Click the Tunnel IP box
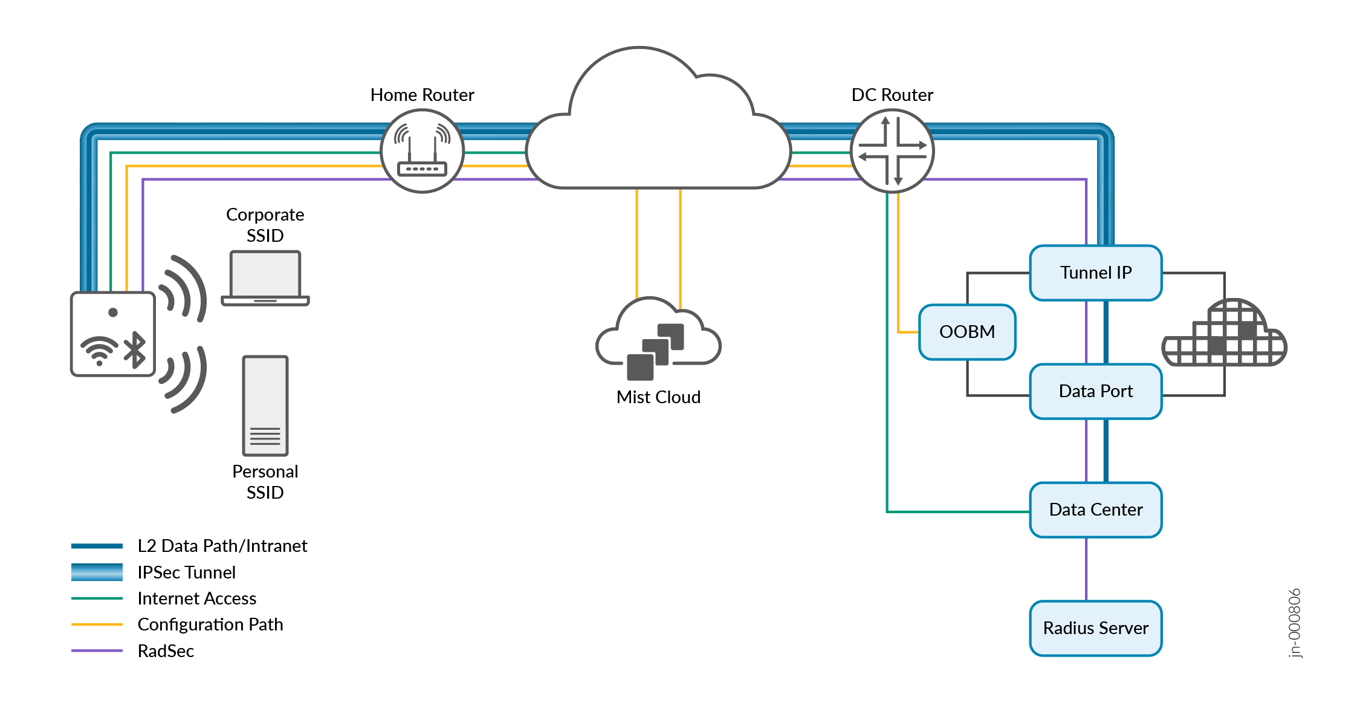tap(1095, 273)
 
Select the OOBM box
tap(967, 332)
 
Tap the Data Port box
tap(1095, 391)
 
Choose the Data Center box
tap(1095, 510)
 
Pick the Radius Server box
tap(1095, 628)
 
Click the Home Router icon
tap(422, 151)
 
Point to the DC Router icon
tap(892, 151)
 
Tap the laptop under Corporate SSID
tap(265, 278)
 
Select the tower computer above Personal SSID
tap(265, 406)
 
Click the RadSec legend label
tap(166, 651)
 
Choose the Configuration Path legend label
tap(210, 624)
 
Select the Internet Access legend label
tap(197, 598)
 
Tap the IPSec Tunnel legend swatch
tap(97, 572)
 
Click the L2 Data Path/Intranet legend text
tap(222, 546)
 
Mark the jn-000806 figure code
tap(1294, 623)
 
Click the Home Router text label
tap(422, 95)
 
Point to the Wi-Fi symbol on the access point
tap(99, 351)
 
